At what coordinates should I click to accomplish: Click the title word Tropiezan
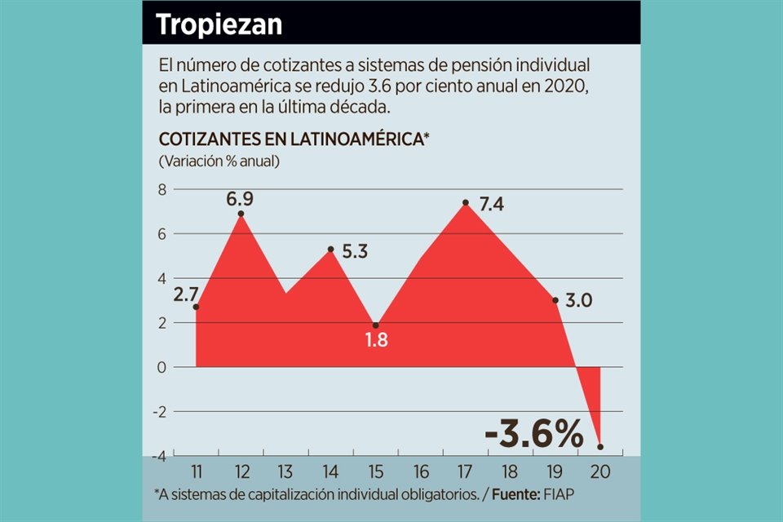[x=219, y=24]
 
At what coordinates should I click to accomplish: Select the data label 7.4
[x=491, y=205]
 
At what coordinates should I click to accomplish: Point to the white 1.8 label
[x=376, y=340]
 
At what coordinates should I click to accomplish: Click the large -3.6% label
[x=534, y=436]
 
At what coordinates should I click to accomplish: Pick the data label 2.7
[x=186, y=294]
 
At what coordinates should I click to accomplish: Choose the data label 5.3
[x=354, y=252]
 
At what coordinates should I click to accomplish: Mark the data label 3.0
[x=580, y=301]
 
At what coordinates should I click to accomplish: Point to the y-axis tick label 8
[x=161, y=190]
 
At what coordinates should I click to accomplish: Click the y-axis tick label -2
[x=158, y=412]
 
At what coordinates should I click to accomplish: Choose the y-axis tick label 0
[x=161, y=368]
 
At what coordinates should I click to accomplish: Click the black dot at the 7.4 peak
[x=465, y=202]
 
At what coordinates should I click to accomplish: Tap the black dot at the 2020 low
[x=600, y=447]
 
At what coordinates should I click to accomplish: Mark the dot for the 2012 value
[x=241, y=214]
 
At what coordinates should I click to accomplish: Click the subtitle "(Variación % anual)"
[x=219, y=161]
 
